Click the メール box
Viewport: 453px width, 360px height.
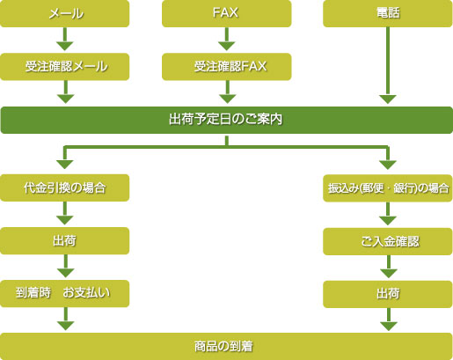65,13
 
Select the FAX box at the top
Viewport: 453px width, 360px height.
227,13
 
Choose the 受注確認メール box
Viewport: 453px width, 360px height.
65,66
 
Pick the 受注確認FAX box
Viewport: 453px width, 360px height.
227,66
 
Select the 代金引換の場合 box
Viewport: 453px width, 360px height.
65,187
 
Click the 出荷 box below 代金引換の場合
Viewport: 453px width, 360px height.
65,240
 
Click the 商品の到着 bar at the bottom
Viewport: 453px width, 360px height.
226,346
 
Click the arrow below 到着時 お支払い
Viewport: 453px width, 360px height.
65,320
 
